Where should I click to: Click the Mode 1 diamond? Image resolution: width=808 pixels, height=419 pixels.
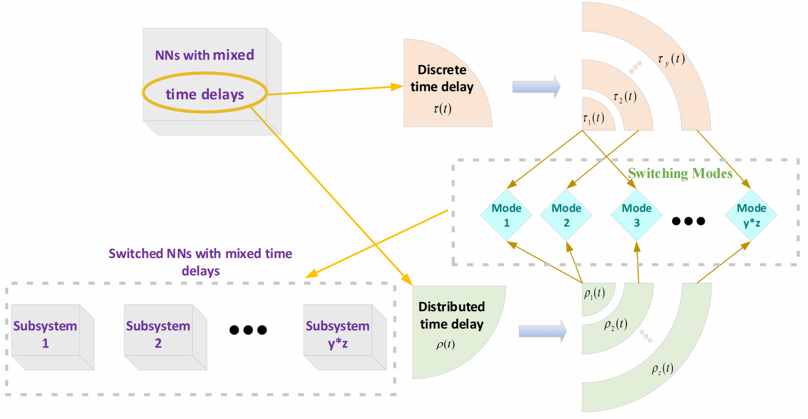[x=507, y=215]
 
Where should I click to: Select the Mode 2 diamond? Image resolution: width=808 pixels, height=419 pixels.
[x=566, y=215]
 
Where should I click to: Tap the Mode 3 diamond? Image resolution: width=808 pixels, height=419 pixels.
[x=636, y=215]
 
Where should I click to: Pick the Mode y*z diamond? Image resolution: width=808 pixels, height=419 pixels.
[x=751, y=215]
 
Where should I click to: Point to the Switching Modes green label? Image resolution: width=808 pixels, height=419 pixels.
[x=680, y=173]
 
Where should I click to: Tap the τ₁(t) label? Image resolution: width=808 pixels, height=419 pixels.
[x=594, y=118]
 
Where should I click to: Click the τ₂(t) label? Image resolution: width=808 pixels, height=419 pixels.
[x=625, y=97]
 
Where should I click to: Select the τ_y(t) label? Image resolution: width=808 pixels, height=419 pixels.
[x=671, y=59]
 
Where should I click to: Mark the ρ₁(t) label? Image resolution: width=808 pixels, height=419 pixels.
[x=595, y=294]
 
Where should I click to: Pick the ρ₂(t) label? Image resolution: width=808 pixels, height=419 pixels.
[x=615, y=324]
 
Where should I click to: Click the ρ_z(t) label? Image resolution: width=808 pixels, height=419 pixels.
[x=662, y=369]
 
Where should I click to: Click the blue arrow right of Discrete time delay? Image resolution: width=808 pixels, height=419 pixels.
[x=536, y=87]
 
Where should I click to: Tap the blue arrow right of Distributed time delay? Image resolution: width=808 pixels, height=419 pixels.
[x=542, y=331]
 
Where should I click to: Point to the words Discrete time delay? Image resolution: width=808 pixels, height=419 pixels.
[x=442, y=78]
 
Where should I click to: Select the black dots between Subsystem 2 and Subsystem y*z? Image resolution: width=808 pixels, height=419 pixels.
[x=248, y=330]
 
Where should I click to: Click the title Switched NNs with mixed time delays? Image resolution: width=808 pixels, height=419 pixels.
[x=200, y=262]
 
